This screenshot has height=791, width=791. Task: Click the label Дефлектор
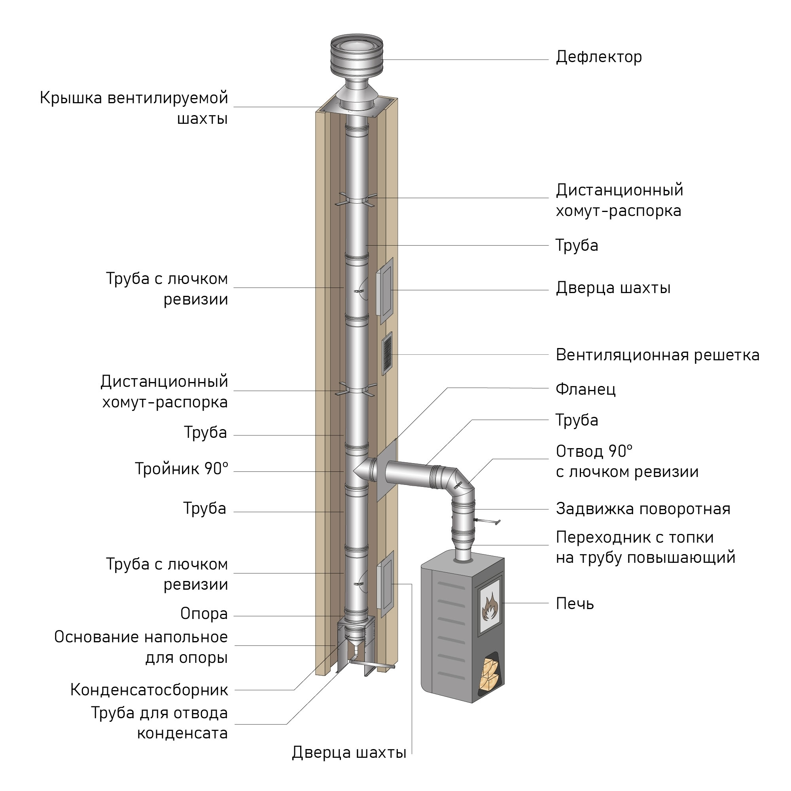(x=598, y=57)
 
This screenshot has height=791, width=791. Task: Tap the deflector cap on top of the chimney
(x=357, y=57)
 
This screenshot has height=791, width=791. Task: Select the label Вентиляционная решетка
(x=657, y=355)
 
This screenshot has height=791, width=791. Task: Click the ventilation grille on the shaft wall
(x=387, y=353)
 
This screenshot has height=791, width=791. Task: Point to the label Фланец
(x=585, y=389)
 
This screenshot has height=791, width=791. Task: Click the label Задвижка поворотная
(x=643, y=509)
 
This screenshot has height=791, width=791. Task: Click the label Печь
(x=574, y=604)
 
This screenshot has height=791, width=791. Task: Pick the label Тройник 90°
(x=182, y=469)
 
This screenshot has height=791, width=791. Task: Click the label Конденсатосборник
(x=149, y=690)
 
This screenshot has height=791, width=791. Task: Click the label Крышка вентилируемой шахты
(x=134, y=108)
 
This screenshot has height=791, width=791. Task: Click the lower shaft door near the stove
(x=385, y=583)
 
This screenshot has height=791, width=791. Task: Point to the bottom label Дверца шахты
(x=349, y=753)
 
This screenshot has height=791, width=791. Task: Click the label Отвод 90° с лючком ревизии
(x=626, y=462)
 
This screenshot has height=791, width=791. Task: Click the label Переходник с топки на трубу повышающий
(x=645, y=548)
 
